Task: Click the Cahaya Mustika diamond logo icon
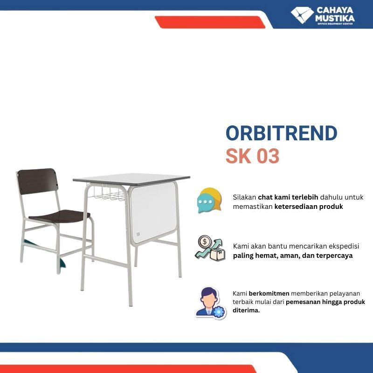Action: pyautogui.click(x=302, y=14)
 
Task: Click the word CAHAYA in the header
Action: pyautogui.click(x=335, y=10)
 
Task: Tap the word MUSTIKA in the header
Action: pyautogui.click(x=335, y=19)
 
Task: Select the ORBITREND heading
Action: pyautogui.click(x=281, y=134)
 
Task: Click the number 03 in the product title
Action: pyautogui.click(x=267, y=157)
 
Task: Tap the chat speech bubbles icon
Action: pyautogui.click(x=209, y=200)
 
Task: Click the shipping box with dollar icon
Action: pyautogui.click(x=210, y=248)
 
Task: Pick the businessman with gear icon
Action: pyautogui.click(x=210, y=302)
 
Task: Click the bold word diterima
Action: pyautogui.click(x=246, y=310)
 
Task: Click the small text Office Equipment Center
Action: pyautogui.click(x=334, y=24)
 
